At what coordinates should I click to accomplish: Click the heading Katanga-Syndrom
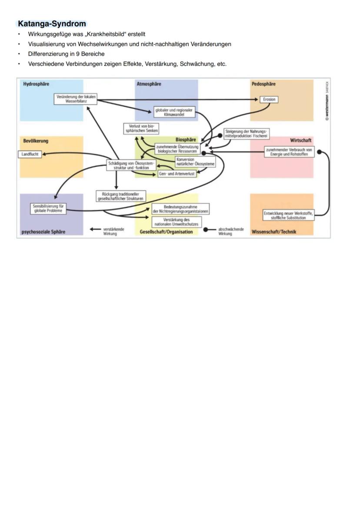coord(52,24)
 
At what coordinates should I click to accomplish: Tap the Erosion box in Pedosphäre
coord(269,100)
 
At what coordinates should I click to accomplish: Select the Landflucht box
coord(30,154)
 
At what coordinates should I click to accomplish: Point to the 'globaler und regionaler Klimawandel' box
coord(174,112)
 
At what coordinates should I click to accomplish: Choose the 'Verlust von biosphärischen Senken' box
coord(141,128)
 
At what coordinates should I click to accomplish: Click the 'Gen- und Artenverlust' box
coord(177,174)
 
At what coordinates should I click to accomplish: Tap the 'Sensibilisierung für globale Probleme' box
coord(48,208)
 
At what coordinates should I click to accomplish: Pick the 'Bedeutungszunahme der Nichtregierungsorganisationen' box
coord(180,209)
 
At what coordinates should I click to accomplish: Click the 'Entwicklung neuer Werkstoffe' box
coord(288,216)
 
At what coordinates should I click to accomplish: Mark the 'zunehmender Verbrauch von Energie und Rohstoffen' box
coord(289,152)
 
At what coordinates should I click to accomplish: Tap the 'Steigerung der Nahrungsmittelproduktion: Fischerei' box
coord(246,133)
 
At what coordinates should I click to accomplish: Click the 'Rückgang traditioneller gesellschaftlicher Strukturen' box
coord(120,196)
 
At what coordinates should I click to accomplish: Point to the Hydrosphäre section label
coord(36,84)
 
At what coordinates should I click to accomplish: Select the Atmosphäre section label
coord(149,84)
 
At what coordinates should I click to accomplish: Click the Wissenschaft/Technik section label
coord(274,232)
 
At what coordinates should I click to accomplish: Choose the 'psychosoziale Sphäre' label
coord(43,232)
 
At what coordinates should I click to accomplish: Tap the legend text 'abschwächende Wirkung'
coord(231,231)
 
